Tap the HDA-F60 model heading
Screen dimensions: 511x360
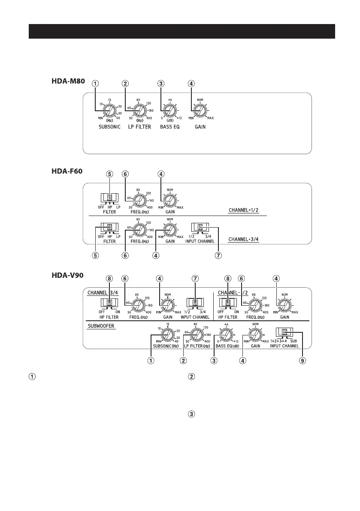(x=65, y=171)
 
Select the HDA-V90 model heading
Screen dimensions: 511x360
(x=65, y=275)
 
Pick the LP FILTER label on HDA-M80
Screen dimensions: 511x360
(x=138, y=127)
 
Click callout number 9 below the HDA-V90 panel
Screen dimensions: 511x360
(x=303, y=361)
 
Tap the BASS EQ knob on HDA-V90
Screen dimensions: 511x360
(x=226, y=333)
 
